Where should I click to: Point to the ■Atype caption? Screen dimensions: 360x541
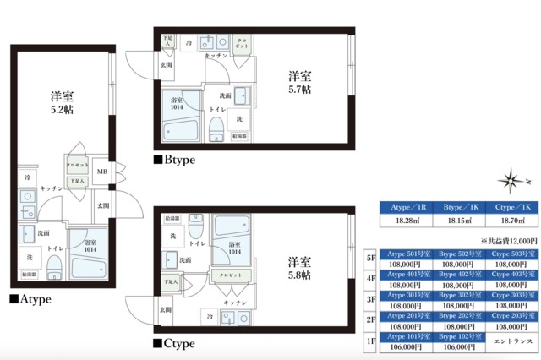30,299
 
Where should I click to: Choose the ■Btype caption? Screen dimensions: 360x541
174,159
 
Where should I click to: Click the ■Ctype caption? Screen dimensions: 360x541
174,344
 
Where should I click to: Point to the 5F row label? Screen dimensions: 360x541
370,258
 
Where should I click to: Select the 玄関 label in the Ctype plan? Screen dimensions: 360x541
165,312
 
